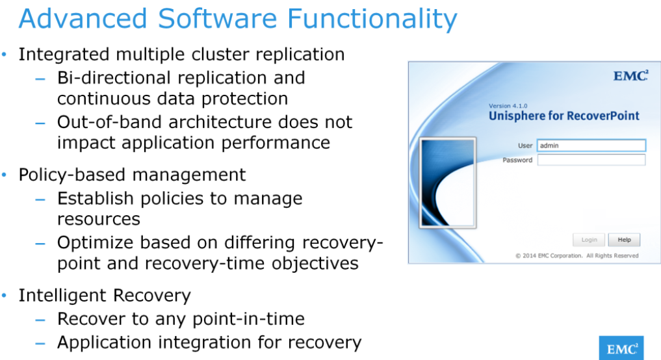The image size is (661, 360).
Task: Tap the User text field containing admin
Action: coord(591,146)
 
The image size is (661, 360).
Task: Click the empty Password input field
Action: coord(591,160)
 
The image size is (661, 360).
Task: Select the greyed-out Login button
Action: coord(589,240)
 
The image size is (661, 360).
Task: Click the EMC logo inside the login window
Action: coord(630,77)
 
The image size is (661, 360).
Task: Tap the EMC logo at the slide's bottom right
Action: coord(621,348)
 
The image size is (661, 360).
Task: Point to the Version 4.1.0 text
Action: coord(508,105)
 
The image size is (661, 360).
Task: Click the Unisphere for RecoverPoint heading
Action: coord(564,116)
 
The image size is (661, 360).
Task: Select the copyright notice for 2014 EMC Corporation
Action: coord(577,255)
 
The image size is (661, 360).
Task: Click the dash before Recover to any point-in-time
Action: coord(41,320)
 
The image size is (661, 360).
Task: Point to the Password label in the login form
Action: coord(517,160)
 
